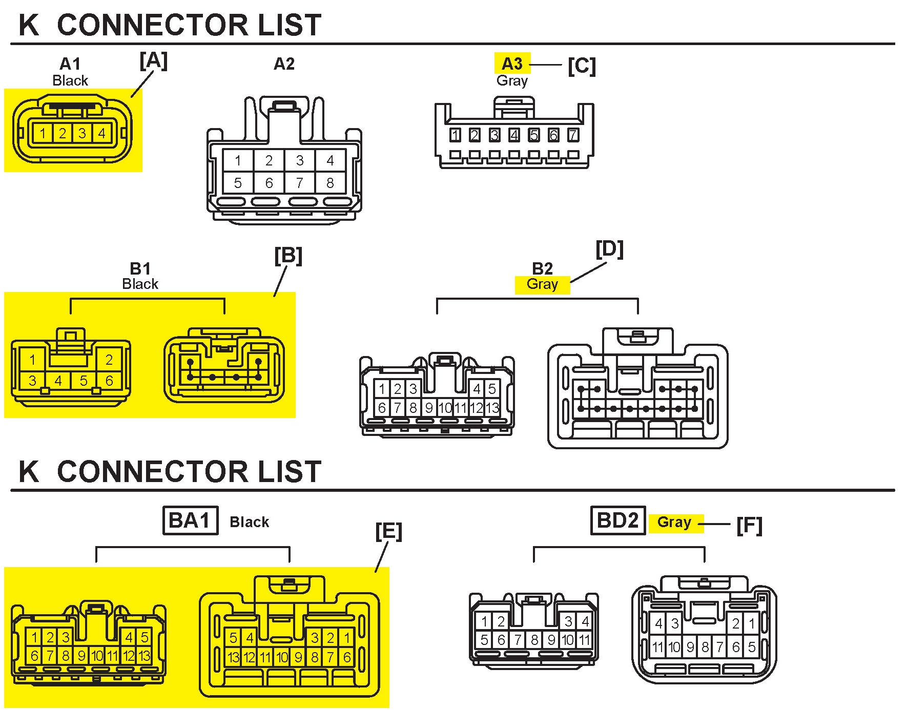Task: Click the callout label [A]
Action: coord(154,61)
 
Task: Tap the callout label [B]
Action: coord(288,256)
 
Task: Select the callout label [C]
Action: coord(582,66)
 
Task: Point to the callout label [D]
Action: coord(609,249)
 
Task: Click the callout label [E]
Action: coord(388,531)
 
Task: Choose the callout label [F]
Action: coord(749,526)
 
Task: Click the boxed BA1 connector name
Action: coord(190,520)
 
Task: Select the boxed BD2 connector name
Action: coord(618,520)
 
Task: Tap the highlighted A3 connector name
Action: coord(512,64)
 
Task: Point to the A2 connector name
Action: coord(284,64)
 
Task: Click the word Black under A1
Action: coord(70,80)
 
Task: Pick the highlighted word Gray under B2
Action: coord(542,284)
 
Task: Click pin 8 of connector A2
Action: coord(330,183)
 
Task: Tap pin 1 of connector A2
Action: coord(238,160)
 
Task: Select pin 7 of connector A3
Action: coord(573,135)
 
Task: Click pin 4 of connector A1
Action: coord(102,133)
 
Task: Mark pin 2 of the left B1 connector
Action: coord(109,360)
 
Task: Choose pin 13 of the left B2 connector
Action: coord(492,408)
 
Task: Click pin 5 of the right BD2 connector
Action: coord(752,647)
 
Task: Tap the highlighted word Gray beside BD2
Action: coord(674,522)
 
